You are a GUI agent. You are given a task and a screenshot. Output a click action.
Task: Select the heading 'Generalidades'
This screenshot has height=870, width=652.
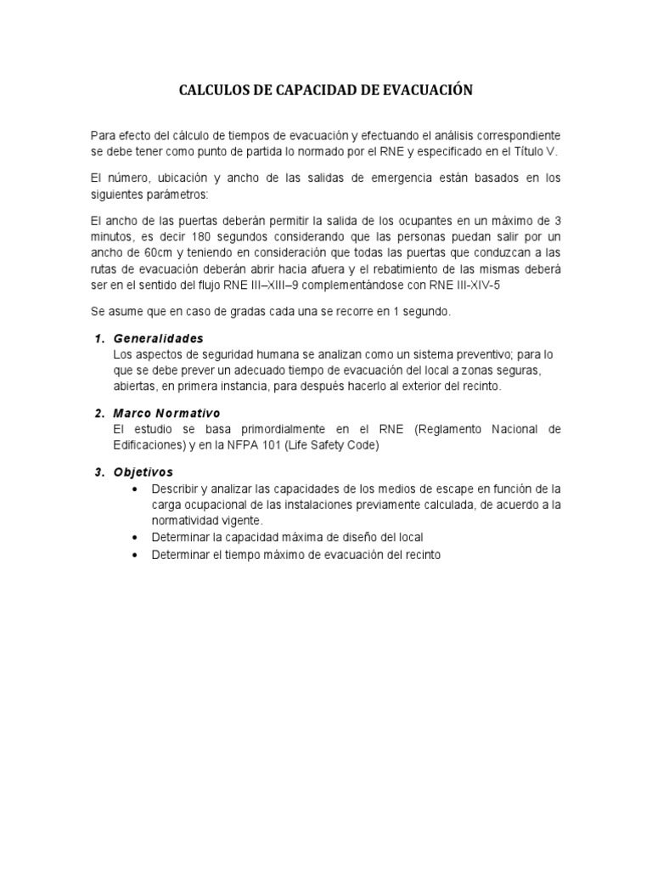tap(158, 338)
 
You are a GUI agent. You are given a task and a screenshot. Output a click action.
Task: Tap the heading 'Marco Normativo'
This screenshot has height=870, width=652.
tap(166, 413)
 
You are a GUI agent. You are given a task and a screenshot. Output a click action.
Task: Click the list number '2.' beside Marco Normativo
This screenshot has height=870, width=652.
tap(98, 413)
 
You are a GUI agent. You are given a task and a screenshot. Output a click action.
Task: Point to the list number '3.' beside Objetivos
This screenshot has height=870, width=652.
tap(98, 472)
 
